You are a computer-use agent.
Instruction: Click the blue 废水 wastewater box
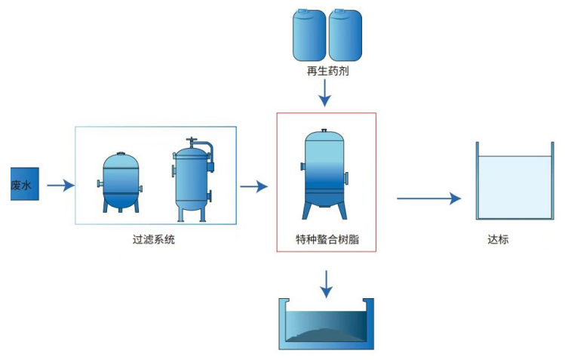pyautogui.click(x=21, y=185)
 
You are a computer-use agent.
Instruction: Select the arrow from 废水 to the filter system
pyautogui.click(x=60, y=185)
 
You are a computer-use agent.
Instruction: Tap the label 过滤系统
pyautogui.click(x=154, y=241)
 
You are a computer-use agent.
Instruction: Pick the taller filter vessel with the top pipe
pyautogui.click(x=192, y=181)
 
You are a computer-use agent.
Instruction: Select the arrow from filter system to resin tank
pyautogui.click(x=253, y=186)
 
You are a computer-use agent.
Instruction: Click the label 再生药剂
pyautogui.click(x=327, y=72)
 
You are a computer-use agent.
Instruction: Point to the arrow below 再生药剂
pyautogui.click(x=325, y=93)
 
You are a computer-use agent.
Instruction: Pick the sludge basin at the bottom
pyautogui.click(x=326, y=325)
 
